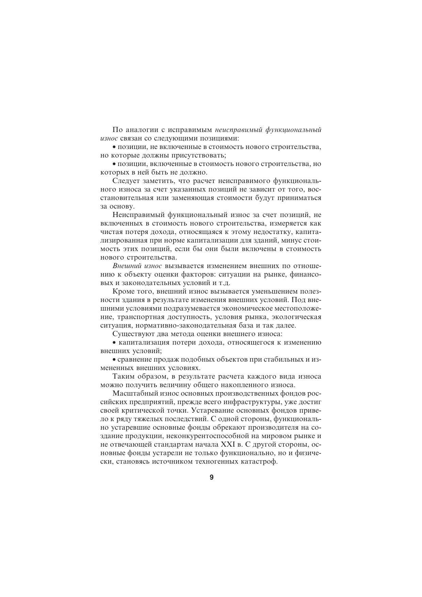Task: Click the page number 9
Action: click(x=211, y=477)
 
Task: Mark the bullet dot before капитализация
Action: click(x=114, y=343)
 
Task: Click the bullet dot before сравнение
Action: click(x=114, y=360)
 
